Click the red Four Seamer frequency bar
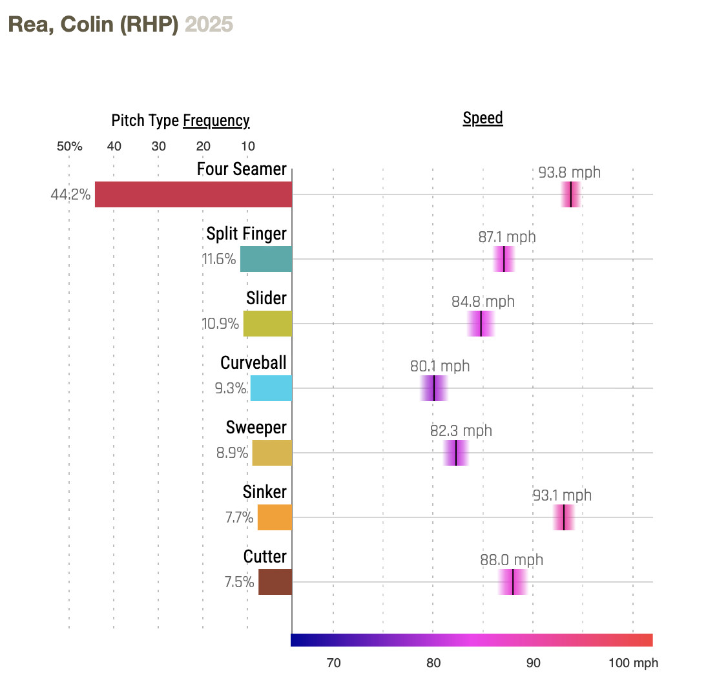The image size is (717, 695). click(x=193, y=194)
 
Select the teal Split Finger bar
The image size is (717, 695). click(x=266, y=259)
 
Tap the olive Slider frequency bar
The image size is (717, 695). click(x=267, y=324)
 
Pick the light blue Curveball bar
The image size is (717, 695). click(x=271, y=388)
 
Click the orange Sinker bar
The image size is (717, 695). click(x=275, y=517)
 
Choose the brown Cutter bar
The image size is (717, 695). click(x=275, y=582)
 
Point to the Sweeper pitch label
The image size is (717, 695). click(x=256, y=428)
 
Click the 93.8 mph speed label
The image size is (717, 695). click(x=569, y=172)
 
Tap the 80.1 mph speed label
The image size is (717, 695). click(x=440, y=366)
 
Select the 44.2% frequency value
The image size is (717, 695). click(x=70, y=194)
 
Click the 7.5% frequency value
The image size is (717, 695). click(x=239, y=582)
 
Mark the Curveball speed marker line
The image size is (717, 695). click(x=434, y=388)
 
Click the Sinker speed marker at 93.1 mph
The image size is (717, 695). click(x=564, y=517)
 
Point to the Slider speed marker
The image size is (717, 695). click(x=481, y=324)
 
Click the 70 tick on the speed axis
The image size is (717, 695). click(x=333, y=663)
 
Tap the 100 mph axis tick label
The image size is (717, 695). click(x=633, y=663)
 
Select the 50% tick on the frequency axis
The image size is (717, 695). click(x=69, y=146)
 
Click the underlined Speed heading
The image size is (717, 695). click(x=483, y=118)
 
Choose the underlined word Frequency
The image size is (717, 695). click(x=216, y=121)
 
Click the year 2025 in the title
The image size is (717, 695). click(x=209, y=25)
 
